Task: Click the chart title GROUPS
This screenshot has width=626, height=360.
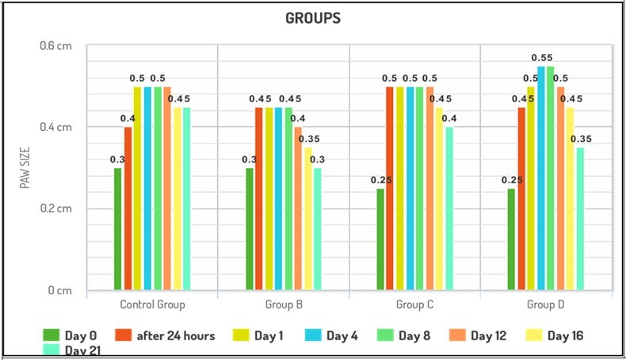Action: pos(313,17)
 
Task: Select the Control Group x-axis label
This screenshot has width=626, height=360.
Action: pos(152,304)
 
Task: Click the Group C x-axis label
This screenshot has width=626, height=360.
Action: pos(414,304)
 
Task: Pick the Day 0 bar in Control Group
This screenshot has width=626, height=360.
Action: pos(118,229)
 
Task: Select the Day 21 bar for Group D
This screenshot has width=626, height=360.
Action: pos(580,219)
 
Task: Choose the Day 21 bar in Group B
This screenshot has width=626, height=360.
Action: pos(318,229)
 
